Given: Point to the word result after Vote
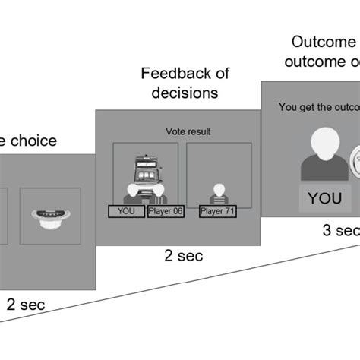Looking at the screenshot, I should pyautogui.click(x=200, y=131).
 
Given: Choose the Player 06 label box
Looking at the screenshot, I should pyautogui.click(x=166, y=210).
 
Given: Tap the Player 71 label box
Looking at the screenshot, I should pyautogui.click(x=218, y=210).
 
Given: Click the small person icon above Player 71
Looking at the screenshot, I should pyautogui.click(x=218, y=191).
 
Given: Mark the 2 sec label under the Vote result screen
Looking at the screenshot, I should pyautogui.click(x=184, y=256).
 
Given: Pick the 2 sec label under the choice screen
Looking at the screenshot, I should pyautogui.click(x=26, y=305).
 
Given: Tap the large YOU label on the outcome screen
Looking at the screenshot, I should pyautogui.click(x=324, y=198).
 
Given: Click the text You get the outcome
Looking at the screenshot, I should pyautogui.click(x=318, y=107).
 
